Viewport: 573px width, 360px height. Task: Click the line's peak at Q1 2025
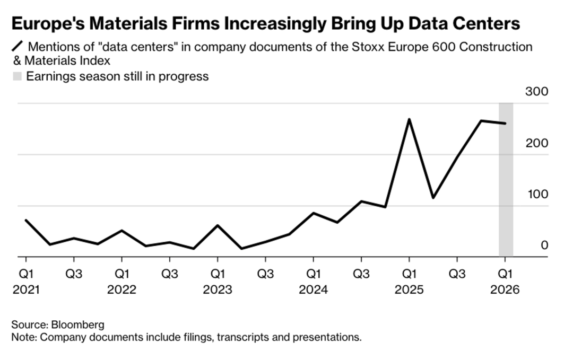[x=409, y=119]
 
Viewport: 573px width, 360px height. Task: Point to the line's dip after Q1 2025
[x=433, y=198]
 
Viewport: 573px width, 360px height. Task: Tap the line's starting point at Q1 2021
[x=26, y=220]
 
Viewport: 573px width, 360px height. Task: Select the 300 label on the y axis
[x=536, y=91]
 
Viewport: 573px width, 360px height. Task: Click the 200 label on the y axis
[x=536, y=143]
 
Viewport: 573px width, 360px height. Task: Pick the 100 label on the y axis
[x=536, y=194]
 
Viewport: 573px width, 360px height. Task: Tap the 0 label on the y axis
[x=544, y=245]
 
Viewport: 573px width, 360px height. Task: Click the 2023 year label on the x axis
[x=218, y=290]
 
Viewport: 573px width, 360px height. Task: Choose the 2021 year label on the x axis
[x=26, y=290]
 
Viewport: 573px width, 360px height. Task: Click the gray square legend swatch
[x=18, y=76]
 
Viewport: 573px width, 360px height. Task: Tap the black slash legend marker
[x=18, y=47]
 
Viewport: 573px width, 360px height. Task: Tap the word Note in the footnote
[x=22, y=337]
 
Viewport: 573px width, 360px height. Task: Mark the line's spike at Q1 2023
[x=218, y=225]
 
